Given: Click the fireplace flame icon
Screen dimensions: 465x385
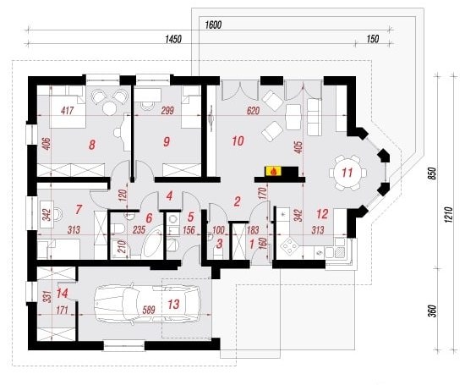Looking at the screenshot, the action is pos(274,171).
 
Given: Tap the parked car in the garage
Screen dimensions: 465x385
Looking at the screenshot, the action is pos(147,303).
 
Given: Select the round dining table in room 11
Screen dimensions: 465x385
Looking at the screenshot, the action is pos(347,173).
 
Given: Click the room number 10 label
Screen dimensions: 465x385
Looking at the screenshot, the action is pos(238,140).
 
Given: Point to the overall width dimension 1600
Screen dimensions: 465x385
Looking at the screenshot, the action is pos(213,25).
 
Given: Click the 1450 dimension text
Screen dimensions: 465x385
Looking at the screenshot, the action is pos(173,39).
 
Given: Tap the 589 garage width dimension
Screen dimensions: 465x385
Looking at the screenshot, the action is pos(149,311).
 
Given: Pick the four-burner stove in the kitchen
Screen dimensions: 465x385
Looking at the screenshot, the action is pos(289,246).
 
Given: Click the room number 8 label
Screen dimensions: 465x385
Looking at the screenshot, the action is pos(92,145).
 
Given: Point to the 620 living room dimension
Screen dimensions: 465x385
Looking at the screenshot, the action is pos(253,111).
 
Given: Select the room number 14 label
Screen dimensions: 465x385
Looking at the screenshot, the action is pos(63,294).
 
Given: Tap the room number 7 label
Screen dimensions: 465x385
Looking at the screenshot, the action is pos(79,209).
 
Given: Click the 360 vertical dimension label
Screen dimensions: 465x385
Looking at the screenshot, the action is pos(434,311).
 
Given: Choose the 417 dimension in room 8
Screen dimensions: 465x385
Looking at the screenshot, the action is pos(68,111).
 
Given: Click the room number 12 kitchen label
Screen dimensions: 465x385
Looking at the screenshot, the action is pos(322,214).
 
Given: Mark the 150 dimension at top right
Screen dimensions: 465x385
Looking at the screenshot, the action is pos(373,39).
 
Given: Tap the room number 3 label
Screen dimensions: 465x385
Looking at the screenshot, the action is pos(220,244).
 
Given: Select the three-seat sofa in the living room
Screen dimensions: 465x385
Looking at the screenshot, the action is pos(314,117).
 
